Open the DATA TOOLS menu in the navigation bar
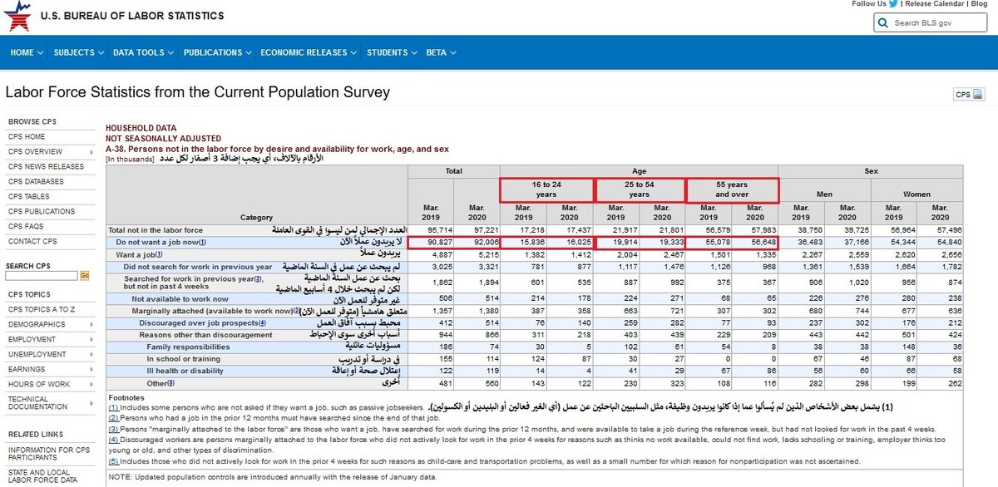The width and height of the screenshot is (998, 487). coord(142,52)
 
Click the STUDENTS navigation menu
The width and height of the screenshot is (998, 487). coord(391,52)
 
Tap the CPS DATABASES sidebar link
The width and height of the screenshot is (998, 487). coord(36,182)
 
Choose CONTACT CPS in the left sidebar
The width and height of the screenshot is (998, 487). coord(32,242)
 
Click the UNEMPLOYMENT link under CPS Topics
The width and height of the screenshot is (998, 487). coord(37,355)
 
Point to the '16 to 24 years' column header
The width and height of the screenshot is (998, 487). coord(546,189)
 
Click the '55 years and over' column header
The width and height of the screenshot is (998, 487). coord(732,189)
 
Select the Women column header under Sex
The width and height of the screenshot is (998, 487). coord(916,194)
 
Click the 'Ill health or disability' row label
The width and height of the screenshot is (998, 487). coord(185,371)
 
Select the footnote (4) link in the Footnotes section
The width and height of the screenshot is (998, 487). coord(113,439)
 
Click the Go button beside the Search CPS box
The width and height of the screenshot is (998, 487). coord(85,275)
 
